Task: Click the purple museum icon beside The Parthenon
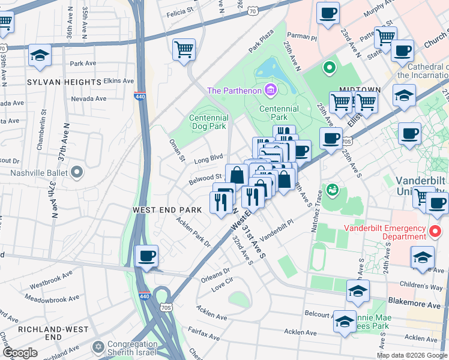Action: [271, 91]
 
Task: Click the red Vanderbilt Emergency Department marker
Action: [436, 230]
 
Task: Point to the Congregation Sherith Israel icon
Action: [98, 347]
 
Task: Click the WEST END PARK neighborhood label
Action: [167, 210]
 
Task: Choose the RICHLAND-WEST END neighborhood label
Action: [40, 333]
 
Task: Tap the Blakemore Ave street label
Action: [423, 304]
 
